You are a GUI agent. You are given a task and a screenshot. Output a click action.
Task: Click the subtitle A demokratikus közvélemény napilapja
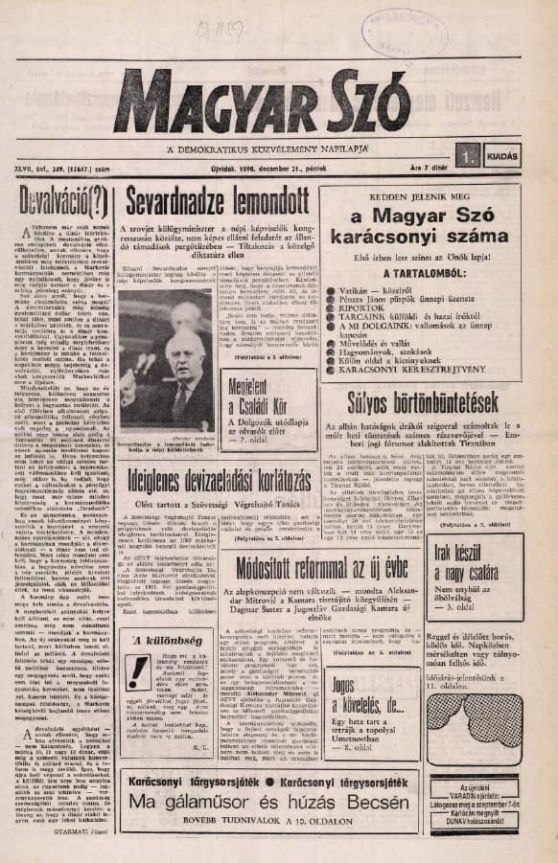(269, 151)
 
